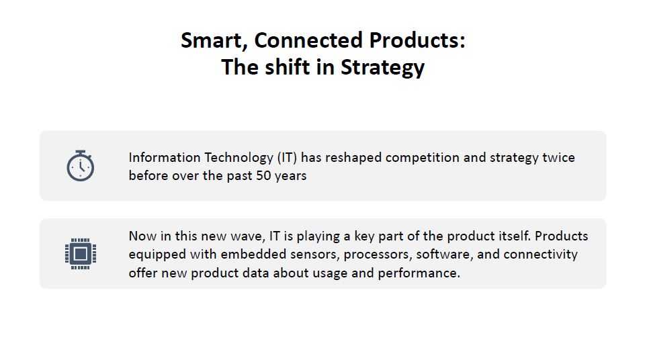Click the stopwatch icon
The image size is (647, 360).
(x=80, y=166)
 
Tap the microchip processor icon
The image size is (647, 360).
(x=80, y=253)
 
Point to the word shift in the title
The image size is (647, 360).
(x=293, y=67)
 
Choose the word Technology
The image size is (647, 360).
(x=239, y=158)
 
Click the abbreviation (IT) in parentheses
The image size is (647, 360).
(x=287, y=158)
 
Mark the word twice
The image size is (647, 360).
(x=558, y=158)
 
